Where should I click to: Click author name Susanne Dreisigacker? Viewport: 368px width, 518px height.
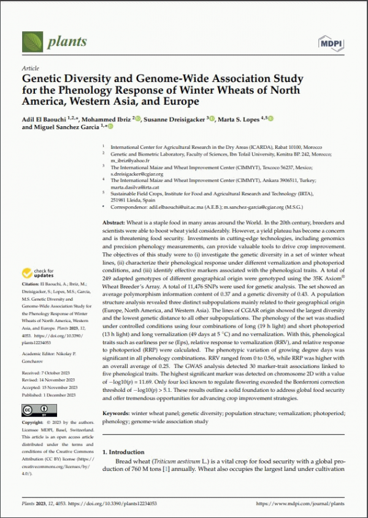pos(177,119)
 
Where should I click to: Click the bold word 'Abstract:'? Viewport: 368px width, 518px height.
pos(115,222)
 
